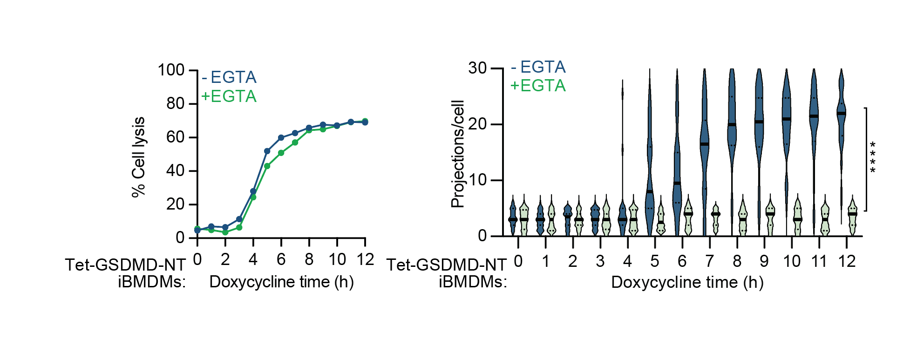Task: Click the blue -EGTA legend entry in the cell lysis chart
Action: click(x=229, y=77)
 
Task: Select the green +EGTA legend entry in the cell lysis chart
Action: click(x=229, y=96)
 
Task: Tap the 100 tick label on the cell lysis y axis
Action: click(x=171, y=70)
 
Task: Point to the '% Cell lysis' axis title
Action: click(x=139, y=157)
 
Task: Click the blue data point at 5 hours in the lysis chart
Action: click(x=267, y=151)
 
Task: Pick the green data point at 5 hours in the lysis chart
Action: click(x=267, y=166)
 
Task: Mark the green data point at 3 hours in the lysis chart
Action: click(x=239, y=228)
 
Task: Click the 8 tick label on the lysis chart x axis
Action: click(x=309, y=259)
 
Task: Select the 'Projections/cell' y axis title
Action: click(x=458, y=154)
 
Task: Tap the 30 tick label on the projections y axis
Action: click(x=477, y=68)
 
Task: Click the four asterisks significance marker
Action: click(x=872, y=157)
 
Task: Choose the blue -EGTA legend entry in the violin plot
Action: click(x=538, y=68)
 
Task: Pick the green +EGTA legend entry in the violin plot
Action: click(x=538, y=86)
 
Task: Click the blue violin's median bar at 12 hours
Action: click(x=841, y=113)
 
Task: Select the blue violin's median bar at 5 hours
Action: click(x=650, y=191)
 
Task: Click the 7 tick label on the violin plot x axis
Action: click(x=709, y=261)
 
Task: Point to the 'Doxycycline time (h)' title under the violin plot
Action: click(x=687, y=282)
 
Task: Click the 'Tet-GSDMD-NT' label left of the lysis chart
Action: click(x=125, y=265)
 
